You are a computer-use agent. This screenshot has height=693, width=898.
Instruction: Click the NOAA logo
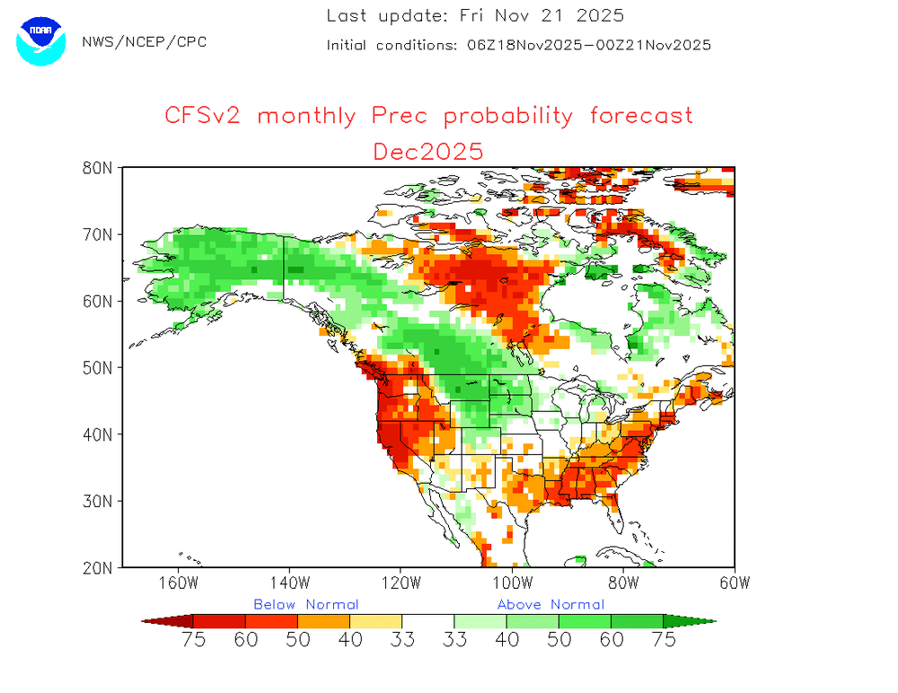41,40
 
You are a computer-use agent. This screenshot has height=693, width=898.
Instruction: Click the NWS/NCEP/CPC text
144,42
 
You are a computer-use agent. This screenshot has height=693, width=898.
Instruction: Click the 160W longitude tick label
178,582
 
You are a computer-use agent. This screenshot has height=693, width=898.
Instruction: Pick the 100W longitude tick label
512,582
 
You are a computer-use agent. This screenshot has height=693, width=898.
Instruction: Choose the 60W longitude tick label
735,582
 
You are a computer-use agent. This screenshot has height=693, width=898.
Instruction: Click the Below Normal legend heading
305,604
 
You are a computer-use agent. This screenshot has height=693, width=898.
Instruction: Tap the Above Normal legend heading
550,604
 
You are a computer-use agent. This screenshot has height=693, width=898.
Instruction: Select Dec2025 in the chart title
428,150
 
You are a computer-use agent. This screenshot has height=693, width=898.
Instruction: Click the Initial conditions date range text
589,45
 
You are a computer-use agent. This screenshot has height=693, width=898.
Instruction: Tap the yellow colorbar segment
375,620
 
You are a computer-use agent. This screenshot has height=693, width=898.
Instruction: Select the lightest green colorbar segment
480,620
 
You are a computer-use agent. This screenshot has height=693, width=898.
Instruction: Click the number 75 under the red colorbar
194,640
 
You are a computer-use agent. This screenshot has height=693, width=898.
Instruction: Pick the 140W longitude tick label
289,582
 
